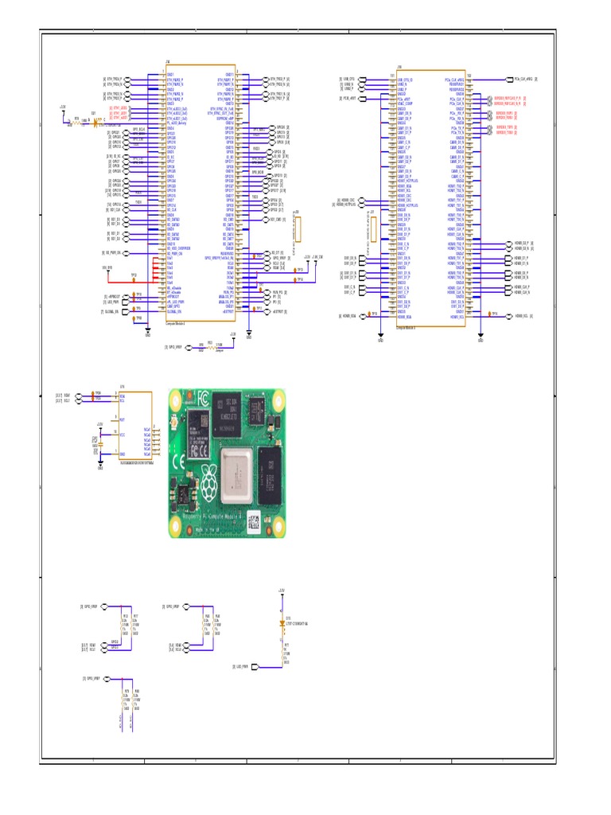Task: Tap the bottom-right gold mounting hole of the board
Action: (279, 524)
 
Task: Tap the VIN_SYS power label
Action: (107, 267)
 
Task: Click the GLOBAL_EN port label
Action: (112, 312)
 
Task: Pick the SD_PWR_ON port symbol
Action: (112, 252)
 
